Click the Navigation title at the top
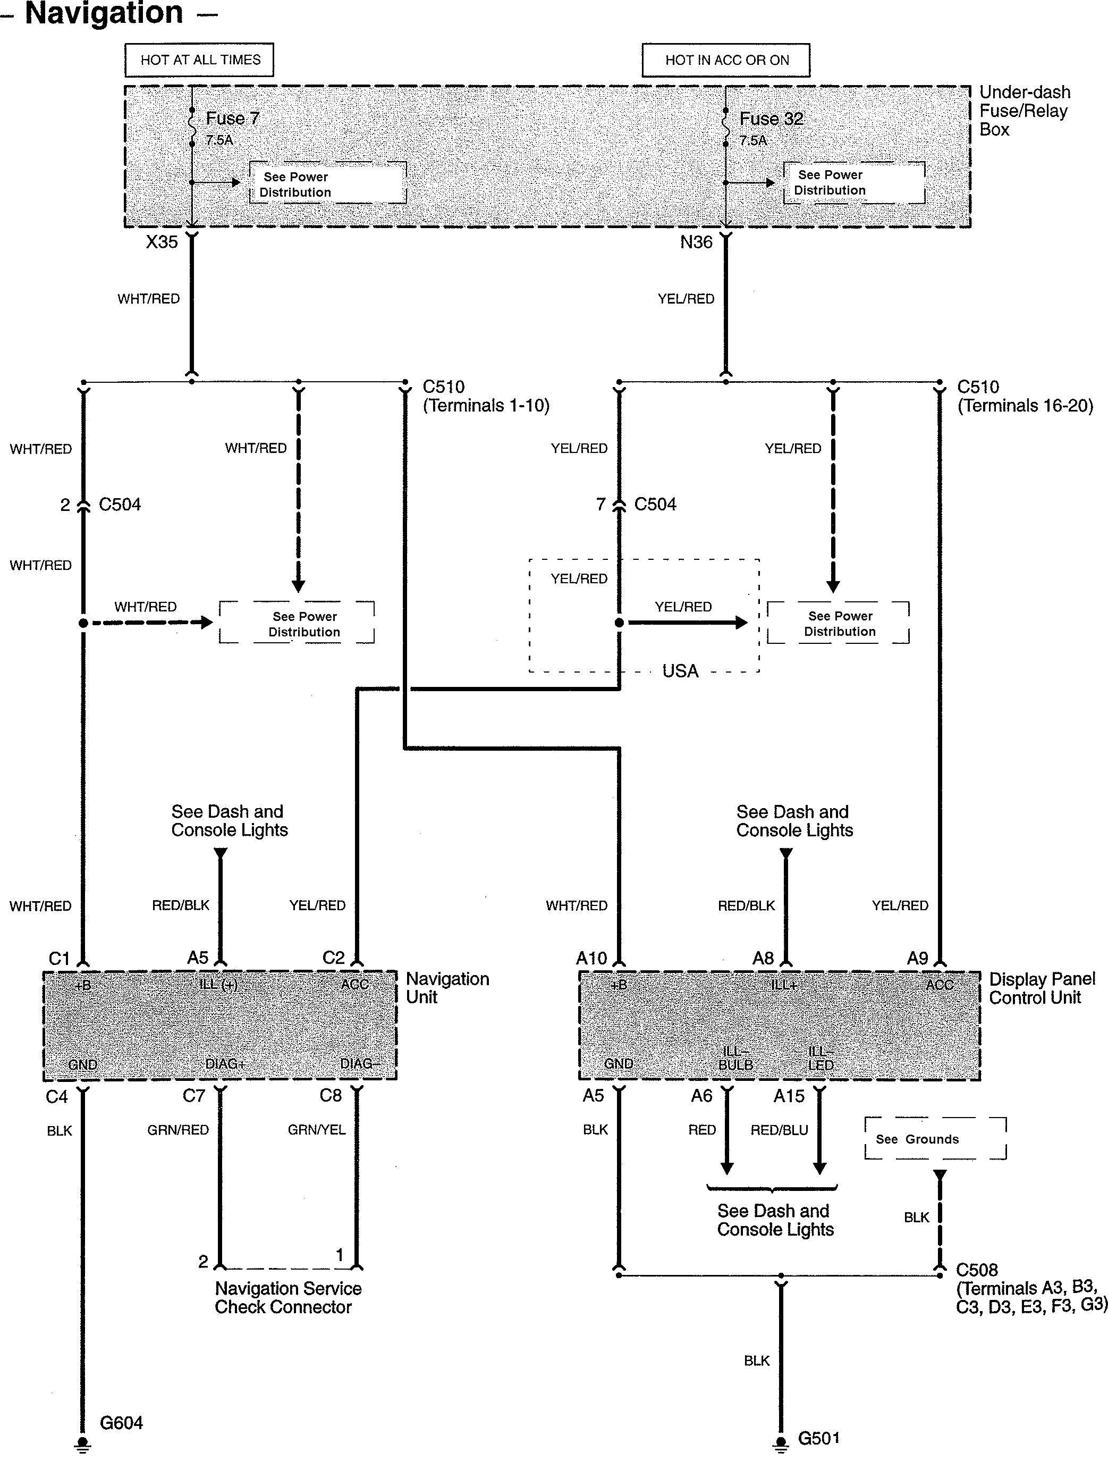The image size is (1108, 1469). click(x=104, y=13)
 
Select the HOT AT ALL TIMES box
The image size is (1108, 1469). click(x=200, y=60)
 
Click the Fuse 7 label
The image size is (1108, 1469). click(x=232, y=119)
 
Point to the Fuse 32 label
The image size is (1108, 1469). click(x=771, y=119)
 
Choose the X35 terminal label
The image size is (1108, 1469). click(x=162, y=242)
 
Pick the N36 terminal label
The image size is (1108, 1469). click(x=696, y=242)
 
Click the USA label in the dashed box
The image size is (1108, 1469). click(x=680, y=671)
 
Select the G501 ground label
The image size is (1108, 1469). click(x=818, y=1439)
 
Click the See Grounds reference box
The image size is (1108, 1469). click(x=935, y=1139)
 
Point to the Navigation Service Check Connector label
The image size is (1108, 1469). click(x=287, y=1298)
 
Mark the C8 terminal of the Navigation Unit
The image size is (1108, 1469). click(x=331, y=1095)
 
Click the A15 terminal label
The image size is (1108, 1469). click(x=789, y=1096)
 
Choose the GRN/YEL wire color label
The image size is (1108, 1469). click(x=316, y=1130)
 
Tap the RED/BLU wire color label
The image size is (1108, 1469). click(x=779, y=1130)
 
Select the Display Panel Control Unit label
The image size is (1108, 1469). click(x=1042, y=988)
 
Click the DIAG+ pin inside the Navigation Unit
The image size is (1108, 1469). click(x=225, y=1064)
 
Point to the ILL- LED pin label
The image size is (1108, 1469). click(x=821, y=1058)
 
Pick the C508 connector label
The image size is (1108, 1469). click(x=977, y=1270)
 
